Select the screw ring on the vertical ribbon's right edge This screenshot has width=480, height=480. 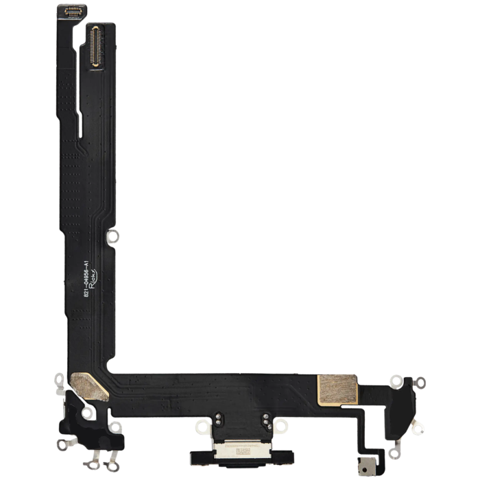(115, 236)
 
